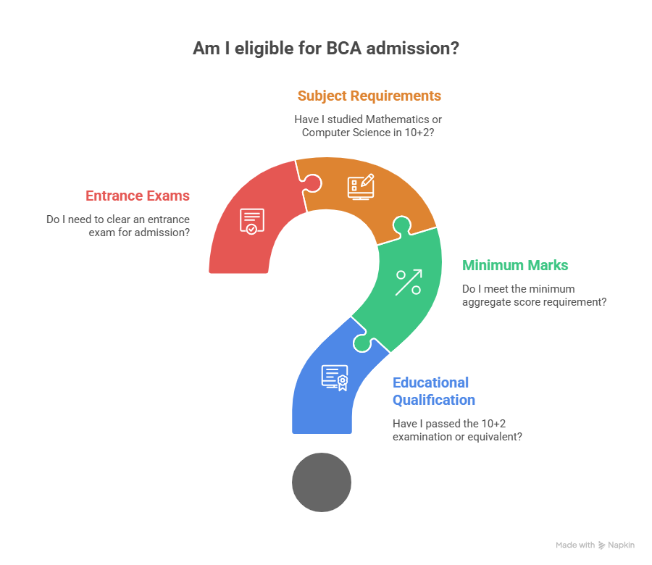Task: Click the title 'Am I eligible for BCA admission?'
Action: point(325,49)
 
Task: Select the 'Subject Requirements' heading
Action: point(369,96)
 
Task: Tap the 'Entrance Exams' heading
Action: point(138,196)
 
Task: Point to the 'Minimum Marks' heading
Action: point(515,265)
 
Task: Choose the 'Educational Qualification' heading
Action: point(434,391)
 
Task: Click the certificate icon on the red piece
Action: point(251,221)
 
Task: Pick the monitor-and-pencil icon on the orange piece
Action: point(361,187)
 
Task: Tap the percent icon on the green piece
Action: point(408,282)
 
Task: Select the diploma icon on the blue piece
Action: point(335,377)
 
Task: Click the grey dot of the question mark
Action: point(322,482)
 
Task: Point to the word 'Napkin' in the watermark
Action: point(622,545)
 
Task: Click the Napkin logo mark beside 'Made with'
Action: point(602,545)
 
